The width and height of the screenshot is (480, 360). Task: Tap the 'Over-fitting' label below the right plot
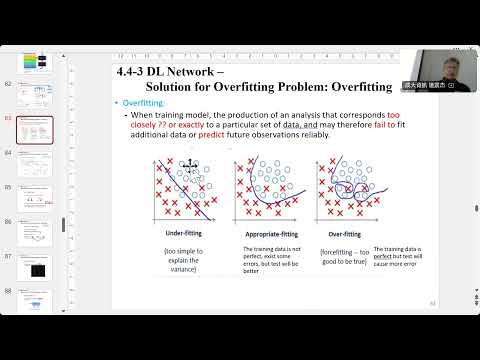click(x=344, y=233)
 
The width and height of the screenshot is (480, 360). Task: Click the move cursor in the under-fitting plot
click(x=187, y=166)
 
